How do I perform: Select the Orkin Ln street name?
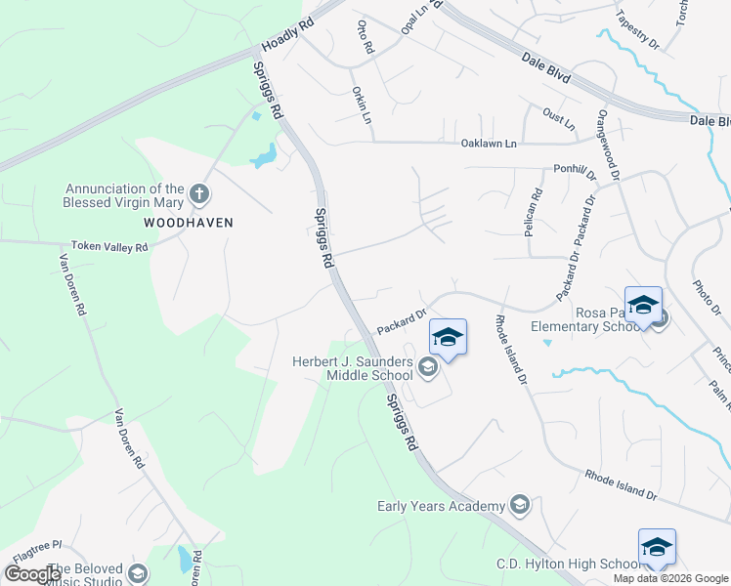(362, 105)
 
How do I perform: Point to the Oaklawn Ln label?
(489, 144)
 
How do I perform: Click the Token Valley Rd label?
(108, 248)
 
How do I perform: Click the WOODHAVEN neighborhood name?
(189, 223)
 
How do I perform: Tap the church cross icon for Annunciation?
(199, 192)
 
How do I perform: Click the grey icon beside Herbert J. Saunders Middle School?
(427, 368)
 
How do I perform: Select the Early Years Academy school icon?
(520, 505)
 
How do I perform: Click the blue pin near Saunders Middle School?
(448, 338)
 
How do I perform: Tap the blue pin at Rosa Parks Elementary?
(644, 306)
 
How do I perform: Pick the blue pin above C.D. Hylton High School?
(657, 548)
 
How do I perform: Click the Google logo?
(33, 574)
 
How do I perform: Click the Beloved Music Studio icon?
(138, 573)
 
